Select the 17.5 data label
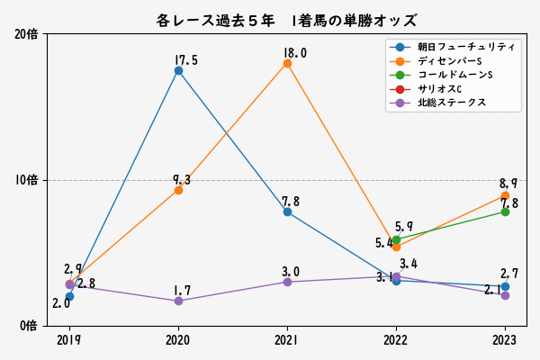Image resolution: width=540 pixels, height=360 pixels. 186,60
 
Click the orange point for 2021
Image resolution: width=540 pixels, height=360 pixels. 287,63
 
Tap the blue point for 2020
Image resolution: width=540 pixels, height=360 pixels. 178,70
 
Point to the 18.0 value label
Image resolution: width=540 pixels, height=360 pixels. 294,53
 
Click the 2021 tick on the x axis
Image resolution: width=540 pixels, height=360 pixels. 287,340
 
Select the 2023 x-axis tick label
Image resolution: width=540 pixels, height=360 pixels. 505,340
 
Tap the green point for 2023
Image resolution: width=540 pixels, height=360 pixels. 505,211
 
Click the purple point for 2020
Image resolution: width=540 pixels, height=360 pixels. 178,301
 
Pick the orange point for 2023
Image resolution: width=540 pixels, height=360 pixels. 505,195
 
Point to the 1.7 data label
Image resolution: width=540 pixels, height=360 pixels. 183,291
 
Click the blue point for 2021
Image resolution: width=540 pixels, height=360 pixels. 287,211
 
